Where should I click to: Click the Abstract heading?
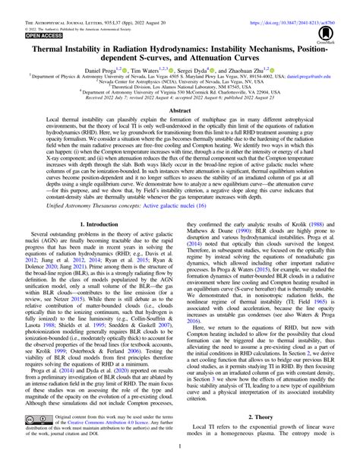180,109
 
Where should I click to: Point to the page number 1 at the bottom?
180,454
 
